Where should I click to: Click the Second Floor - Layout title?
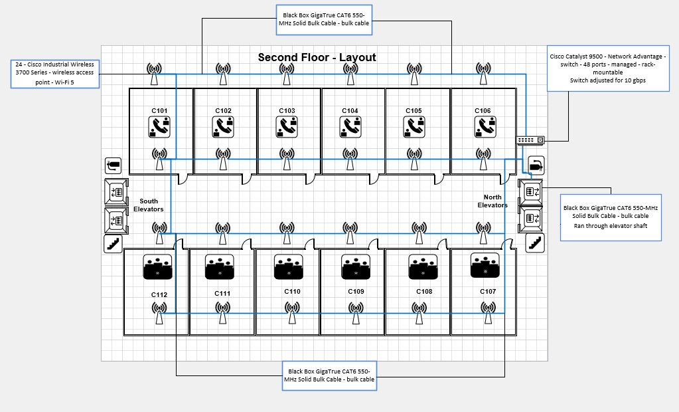317,57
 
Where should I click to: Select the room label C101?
159,110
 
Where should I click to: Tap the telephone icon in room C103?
287,126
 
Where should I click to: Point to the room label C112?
159,295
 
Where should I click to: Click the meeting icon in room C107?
486,265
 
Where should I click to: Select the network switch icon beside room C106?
530,140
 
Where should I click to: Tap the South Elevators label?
149,205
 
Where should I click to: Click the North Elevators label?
492,201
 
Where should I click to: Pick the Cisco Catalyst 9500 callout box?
608,68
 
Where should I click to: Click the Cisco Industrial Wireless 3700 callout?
54,73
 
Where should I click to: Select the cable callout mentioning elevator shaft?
611,217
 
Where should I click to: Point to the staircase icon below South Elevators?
113,244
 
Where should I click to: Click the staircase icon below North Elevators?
534,243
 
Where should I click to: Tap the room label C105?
414,110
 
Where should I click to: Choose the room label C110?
292,292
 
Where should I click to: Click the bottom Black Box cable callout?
329,375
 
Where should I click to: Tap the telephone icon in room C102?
223,126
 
